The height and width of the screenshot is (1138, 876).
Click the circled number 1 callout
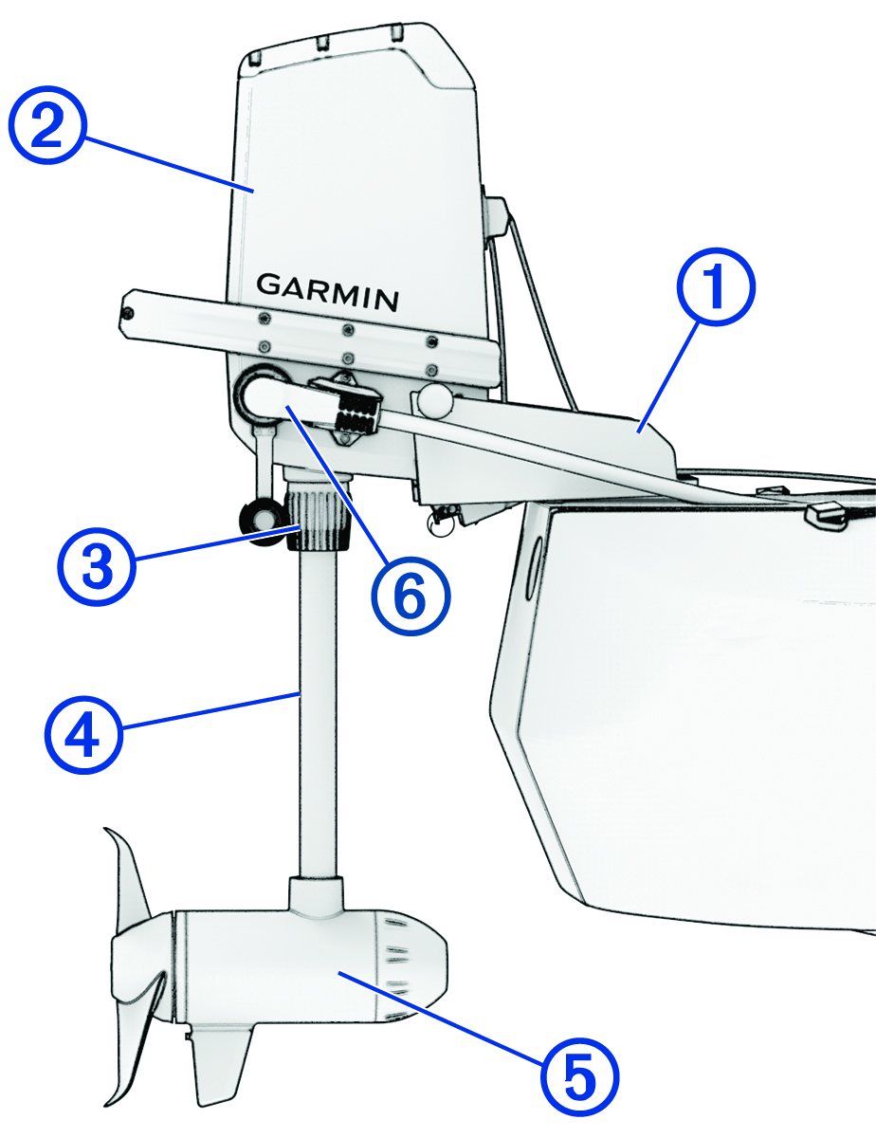717,287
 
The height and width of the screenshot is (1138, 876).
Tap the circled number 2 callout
47,125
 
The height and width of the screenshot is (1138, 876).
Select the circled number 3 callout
97,566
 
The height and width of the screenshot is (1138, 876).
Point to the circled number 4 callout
83,734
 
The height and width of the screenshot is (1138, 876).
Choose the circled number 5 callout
579,1077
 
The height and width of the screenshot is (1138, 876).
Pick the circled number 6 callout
411,597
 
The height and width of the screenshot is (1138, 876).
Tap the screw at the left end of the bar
128,314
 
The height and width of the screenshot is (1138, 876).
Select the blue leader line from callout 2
168,164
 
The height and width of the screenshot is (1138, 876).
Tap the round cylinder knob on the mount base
434,402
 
